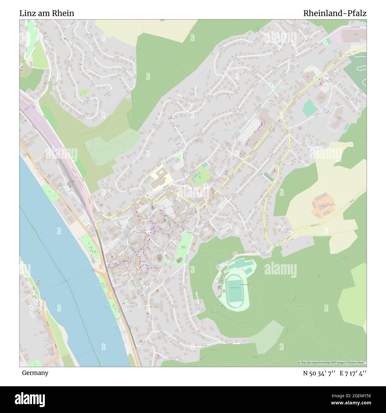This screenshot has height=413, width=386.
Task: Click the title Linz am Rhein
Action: pos(47,13)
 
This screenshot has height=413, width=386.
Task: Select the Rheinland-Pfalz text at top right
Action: pos(335,13)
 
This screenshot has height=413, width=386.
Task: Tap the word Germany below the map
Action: pos(35,373)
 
